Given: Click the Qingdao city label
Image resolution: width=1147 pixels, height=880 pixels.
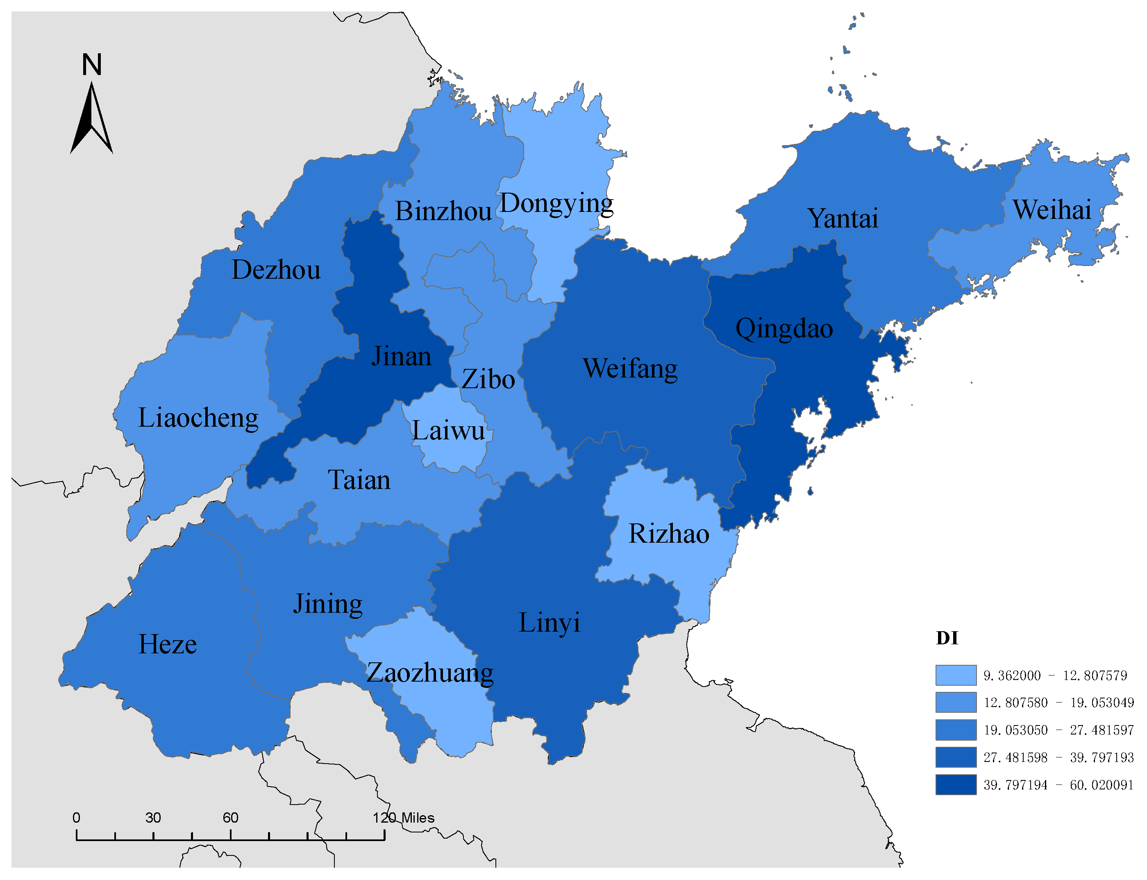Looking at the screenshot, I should (x=784, y=329).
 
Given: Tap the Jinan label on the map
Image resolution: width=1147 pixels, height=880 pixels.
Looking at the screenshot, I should (x=401, y=356).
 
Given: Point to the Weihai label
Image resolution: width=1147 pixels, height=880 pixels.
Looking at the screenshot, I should (x=1052, y=209).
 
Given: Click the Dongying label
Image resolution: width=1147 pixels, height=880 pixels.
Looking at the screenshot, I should (x=556, y=203).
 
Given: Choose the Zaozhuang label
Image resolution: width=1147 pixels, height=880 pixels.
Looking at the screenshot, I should (x=429, y=673).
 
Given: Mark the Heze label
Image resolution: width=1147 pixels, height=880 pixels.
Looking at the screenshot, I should (x=168, y=644).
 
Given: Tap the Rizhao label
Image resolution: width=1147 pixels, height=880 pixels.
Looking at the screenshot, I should (x=669, y=534).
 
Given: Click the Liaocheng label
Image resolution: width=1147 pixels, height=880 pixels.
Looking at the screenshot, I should (x=198, y=418).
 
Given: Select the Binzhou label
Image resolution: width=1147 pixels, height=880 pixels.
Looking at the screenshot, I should (x=443, y=211).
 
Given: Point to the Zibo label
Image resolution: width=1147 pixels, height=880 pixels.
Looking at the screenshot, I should (x=488, y=379).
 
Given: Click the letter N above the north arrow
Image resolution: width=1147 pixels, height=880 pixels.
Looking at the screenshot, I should (x=92, y=64).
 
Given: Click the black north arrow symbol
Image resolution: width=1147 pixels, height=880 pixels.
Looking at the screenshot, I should (x=92, y=121).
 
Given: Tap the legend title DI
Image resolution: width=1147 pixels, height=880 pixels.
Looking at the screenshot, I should (x=947, y=638).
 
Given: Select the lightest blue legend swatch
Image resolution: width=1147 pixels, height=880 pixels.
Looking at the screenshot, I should (x=955, y=675).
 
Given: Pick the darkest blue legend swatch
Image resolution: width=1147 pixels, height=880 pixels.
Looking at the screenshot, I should (x=955, y=784).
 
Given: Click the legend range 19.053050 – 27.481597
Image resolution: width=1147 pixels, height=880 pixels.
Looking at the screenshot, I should (x=1058, y=730).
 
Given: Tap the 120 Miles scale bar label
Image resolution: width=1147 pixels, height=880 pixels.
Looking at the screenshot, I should (x=403, y=818).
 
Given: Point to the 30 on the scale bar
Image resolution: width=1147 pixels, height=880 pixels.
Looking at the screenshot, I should (x=153, y=818).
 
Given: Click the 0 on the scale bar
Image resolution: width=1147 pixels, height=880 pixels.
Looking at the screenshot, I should (x=77, y=818).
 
